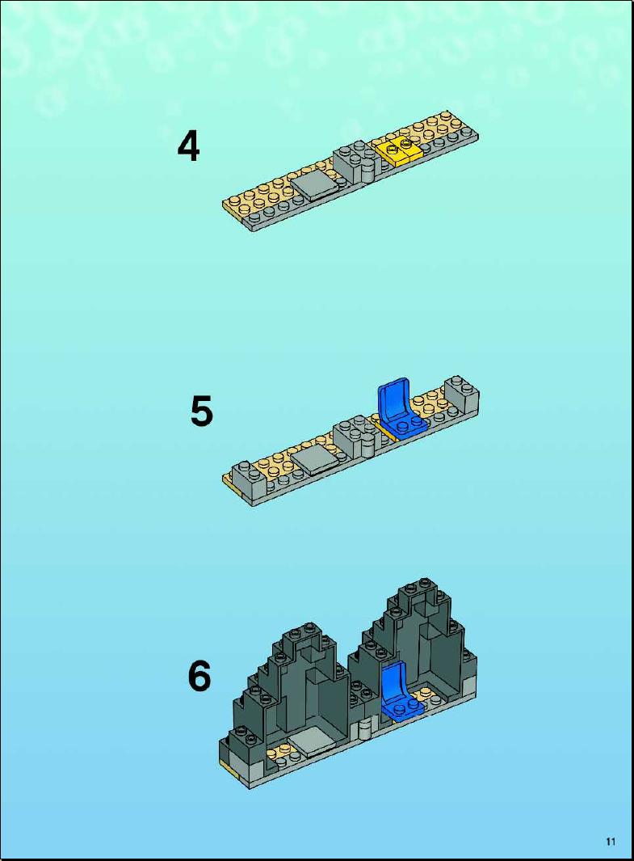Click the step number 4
click(188, 146)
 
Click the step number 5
click(201, 412)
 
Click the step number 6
click(199, 676)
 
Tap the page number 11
click(611, 842)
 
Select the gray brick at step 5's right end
click(461, 395)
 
